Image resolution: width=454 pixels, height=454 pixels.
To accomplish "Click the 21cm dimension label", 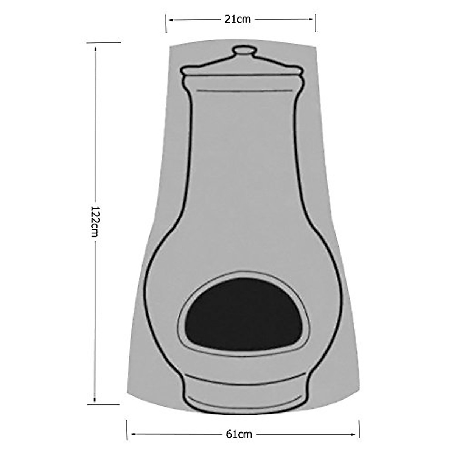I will [238, 19].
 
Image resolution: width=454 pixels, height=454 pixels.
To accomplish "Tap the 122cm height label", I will [94, 222].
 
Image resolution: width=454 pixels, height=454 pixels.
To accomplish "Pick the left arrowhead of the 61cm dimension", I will [131, 434].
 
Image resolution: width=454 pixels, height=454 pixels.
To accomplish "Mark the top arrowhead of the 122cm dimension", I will [95, 48].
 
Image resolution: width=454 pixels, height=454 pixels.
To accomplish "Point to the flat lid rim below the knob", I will [243, 70].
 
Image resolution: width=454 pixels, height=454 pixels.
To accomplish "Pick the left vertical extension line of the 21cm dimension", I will [166, 23].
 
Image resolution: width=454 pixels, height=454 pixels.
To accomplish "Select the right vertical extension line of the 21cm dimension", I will [316, 23].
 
